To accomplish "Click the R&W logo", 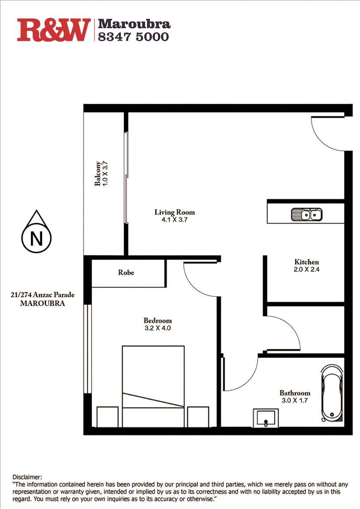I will click(54, 30).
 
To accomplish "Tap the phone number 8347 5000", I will click(133, 37).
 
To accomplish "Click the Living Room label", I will click(174, 212).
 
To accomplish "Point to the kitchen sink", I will click(306, 215).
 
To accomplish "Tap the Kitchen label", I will click(306, 262).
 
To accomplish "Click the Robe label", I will click(126, 273).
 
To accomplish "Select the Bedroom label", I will click(157, 320).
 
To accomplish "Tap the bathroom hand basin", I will click(265, 418).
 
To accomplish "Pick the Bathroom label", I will click(294, 393).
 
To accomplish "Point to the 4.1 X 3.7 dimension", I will click(174, 220).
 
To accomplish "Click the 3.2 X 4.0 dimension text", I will click(157, 328).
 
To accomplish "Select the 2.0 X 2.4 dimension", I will click(306, 270).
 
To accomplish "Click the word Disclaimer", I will click(27, 477).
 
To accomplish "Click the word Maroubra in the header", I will click(134, 23).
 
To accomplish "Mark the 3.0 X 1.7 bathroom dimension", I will click(294, 400).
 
